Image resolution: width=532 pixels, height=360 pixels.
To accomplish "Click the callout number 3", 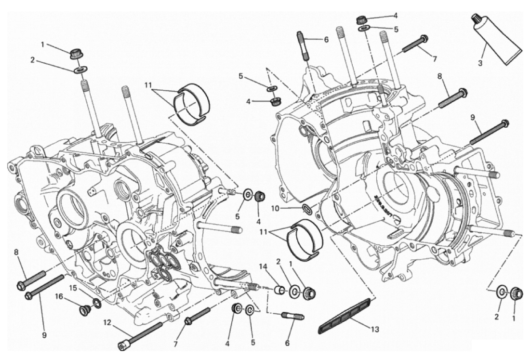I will click(x=480, y=63).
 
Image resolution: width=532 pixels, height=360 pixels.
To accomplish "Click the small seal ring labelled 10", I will click(x=307, y=208).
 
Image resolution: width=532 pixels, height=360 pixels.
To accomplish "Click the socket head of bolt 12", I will click(x=123, y=345).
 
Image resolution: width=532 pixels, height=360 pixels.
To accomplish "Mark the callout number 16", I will click(x=58, y=296).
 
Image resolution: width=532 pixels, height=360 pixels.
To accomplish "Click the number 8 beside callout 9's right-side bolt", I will click(x=439, y=76).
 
